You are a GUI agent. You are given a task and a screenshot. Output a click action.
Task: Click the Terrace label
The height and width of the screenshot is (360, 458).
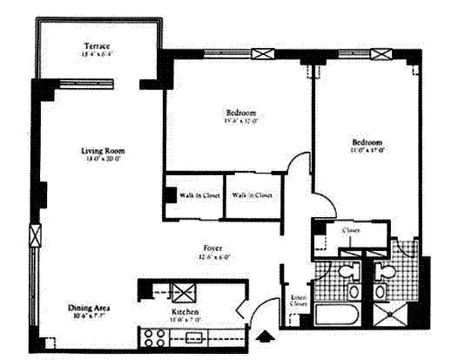(x=97, y=45)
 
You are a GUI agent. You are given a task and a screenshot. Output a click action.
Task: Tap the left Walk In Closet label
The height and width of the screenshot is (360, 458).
(x=199, y=195)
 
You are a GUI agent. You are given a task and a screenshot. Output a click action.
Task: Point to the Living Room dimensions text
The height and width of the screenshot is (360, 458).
(x=100, y=159)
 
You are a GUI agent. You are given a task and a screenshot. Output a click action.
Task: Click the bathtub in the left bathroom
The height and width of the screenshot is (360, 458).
(x=341, y=316)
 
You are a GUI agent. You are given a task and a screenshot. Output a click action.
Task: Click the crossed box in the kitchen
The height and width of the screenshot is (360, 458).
(x=185, y=292)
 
